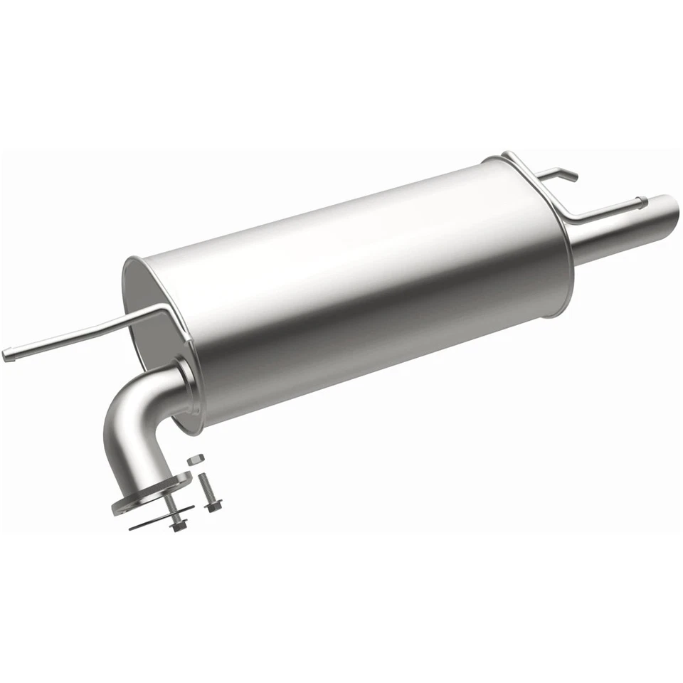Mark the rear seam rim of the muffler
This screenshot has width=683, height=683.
pos(562,235)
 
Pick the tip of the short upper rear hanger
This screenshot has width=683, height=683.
pos(573,175)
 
